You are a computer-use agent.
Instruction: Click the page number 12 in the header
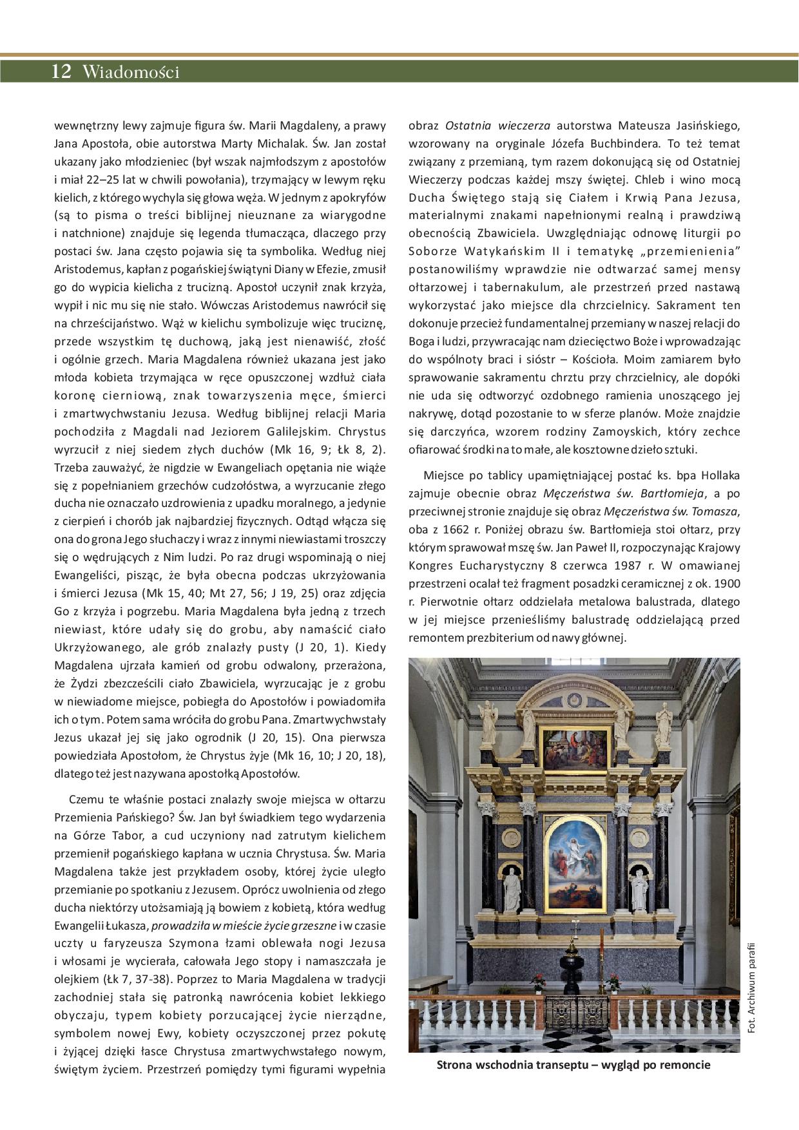click(x=61, y=72)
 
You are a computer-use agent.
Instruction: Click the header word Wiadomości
click(x=131, y=72)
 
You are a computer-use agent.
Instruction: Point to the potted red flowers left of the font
click(x=537, y=980)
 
